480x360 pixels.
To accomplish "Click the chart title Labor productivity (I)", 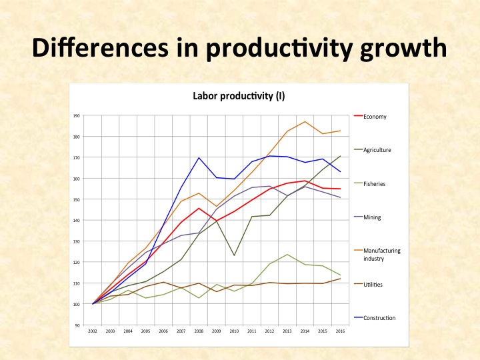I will pyautogui.click(x=239, y=96).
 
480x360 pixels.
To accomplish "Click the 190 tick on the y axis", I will pyautogui.click(x=77, y=116).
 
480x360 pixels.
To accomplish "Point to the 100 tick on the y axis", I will pyautogui.click(x=77, y=304).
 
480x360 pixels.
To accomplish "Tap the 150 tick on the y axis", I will pyautogui.click(x=77, y=199).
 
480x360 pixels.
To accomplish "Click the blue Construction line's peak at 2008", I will pyautogui.click(x=199, y=158).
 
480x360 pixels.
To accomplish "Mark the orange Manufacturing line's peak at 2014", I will pyautogui.click(x=305, y=122).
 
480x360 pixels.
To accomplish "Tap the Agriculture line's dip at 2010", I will pyautogui.click(x=234, y=255).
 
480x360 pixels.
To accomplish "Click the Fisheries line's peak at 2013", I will pyautogui.click(x=286, y=255).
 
